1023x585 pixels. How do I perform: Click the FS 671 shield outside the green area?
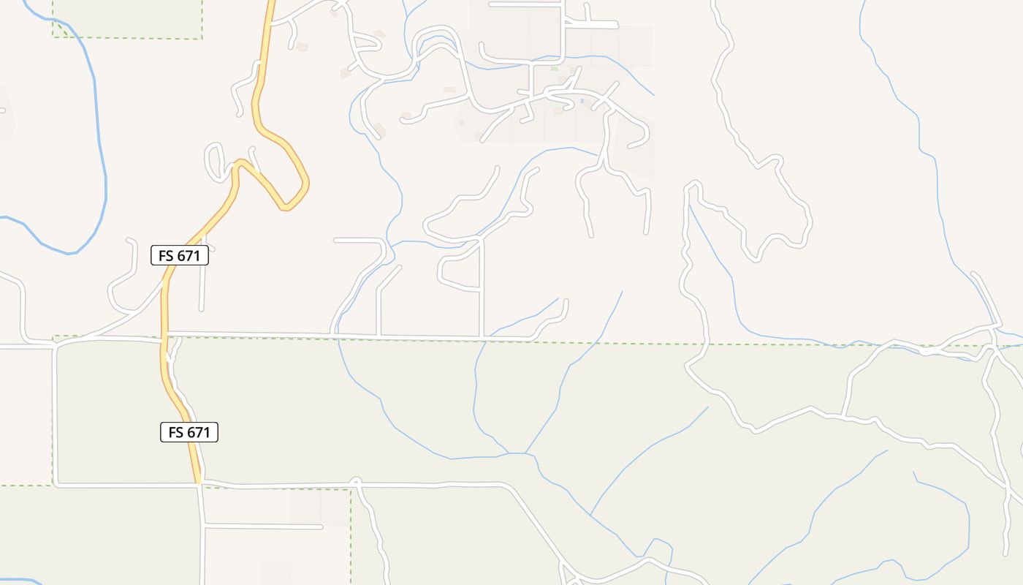tap(180, 255)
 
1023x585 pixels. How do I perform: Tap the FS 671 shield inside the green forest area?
tap(189, 432)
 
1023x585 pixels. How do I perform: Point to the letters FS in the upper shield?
tap(166, 255)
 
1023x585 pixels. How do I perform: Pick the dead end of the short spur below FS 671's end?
tap(321, 526)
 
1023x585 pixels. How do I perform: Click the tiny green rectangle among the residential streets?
tap(554, 69)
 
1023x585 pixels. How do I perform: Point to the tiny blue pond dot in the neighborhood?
tap(582, 101)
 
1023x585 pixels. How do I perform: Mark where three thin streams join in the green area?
tap(525, 453)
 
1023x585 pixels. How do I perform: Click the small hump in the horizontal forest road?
tap(356, 480)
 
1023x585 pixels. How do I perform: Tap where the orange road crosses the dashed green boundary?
tap(164, 337)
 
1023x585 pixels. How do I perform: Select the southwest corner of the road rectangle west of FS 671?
tap(56, 484)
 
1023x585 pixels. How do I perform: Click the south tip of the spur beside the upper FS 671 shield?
tap(201, 309)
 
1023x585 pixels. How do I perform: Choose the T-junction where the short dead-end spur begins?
tap(204, 525)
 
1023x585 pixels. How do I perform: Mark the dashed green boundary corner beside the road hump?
tap(351, 489)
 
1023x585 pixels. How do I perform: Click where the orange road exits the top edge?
tap(270, 2)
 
